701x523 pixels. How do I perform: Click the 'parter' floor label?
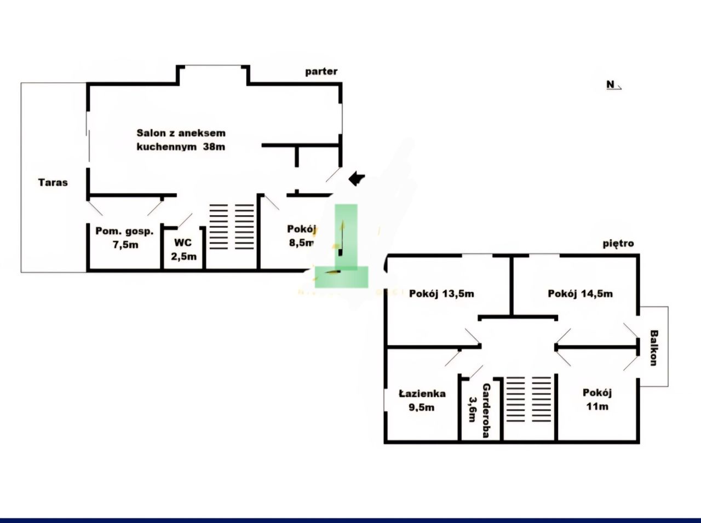pyautogui.click(x=321, y=72)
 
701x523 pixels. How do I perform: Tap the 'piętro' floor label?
pyautogui.click(x=618, y=244)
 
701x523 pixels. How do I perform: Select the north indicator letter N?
pyautogui.click(x=611, y=84)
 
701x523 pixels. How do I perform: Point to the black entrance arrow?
pyautogui.click(x=357, y=177)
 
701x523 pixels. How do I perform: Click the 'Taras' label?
pyautogui.click(x=53, y=182)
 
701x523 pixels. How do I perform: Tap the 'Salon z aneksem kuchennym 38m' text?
pyautogui.click(x=181, y=140)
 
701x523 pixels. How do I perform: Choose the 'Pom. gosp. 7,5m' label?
pyautogui.click(x=125, y=238)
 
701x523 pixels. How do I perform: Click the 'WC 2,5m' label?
pyautogui.click(x=183, y=249)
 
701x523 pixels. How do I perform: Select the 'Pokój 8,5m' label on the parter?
pyautogui.click(x=301, y=236)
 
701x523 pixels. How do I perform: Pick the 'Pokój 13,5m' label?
pyautogui.click(x=441, y=294)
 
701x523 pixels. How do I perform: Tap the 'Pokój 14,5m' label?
pyautogui.click(x=580, y=294)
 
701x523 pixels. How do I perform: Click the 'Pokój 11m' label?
pyautogui.click(x=597, y=399)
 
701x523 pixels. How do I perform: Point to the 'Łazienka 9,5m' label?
pyautogui.click(x=422, y=400)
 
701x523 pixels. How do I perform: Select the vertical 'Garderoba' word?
pyautogui.click(x=486, y=411)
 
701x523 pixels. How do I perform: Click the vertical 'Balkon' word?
pyautogui.click(x=653, y=347)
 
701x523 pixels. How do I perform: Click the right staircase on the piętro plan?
pyautogui.click(x=541, y=399)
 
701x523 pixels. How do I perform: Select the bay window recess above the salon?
pyautogui.click(x=213, y=75)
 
